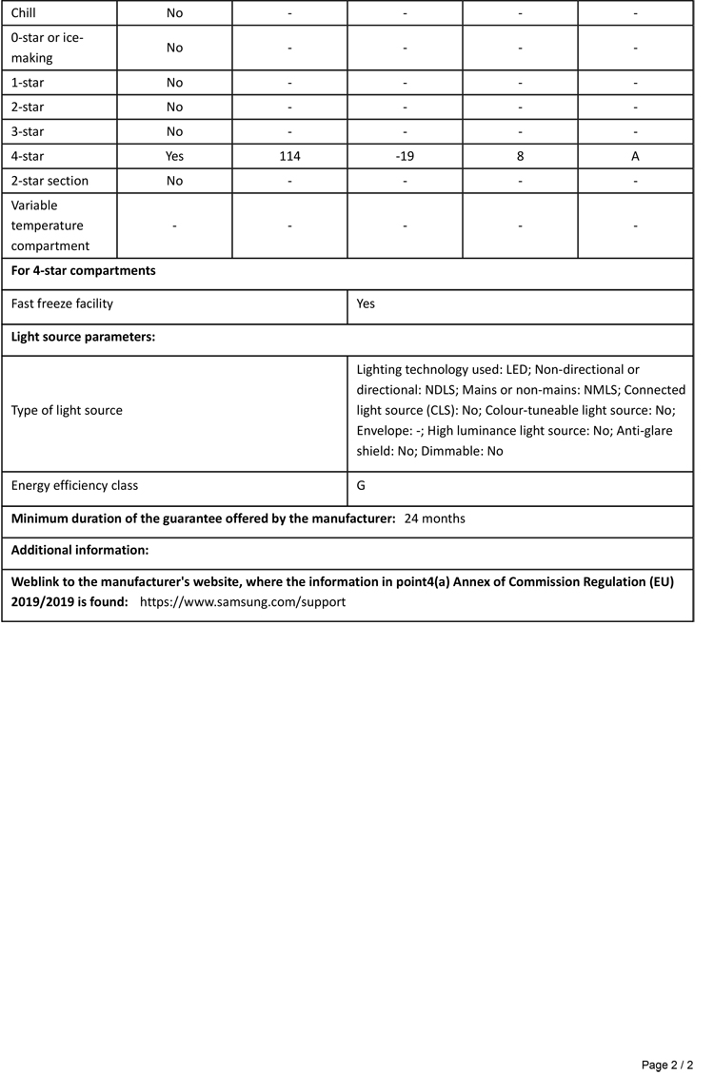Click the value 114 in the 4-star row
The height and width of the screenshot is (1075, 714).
pyautogui.click(x=289, y=156)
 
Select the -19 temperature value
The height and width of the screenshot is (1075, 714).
pyautogui.click(x=405, y=156)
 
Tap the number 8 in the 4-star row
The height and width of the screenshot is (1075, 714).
pyautogui.click(x=520, y=156)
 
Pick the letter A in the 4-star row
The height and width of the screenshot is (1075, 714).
pyautogui.click(x=635, y=156)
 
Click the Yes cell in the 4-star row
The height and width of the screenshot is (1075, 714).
pyautogui.click(x=174, y=156)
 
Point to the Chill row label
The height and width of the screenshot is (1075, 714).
pyautogui.click(x=24, y=13)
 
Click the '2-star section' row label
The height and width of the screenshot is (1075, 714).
pyautogui.click(x=50, y=180)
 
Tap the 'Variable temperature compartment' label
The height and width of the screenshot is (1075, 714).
pyautogui.click(x=48, y=225)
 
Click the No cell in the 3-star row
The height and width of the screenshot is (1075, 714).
pyautogui.click(x=174, y=131)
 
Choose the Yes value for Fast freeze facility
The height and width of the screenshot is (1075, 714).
pyautogui.click(x=366, y=304)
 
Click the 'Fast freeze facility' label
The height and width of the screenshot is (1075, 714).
pyautogui.click(x=62, y=304)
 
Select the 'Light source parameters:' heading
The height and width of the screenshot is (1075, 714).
pyautogui.click(x=83, y=337)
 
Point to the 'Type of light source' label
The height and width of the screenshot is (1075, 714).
pyautogui.click(x=67, y=410)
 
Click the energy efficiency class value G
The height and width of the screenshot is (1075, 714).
pyautogui.click(x=362, y=485)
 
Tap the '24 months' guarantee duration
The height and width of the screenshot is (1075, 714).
pyautogui.click(x=435, y=518)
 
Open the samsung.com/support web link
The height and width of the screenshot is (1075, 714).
pyautogui.click(x=243, y=602)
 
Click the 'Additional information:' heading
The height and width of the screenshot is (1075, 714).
pyautogui.click(x=80, y=550)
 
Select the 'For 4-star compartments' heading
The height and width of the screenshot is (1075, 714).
pyautogui.click(x=84, y=270)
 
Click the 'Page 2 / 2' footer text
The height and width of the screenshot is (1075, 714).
pyautogui.click(x=667, y=1065)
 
